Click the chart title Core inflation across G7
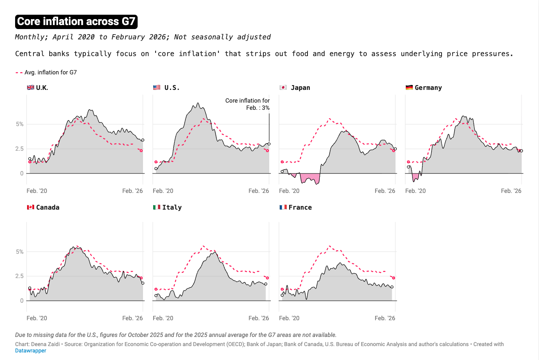tap(76, 21)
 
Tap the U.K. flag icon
tap(30, 88)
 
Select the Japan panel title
tap(300, 88)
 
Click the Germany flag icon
tap(409, 88)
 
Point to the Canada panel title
tap(47, 207)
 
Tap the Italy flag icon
tap(157, 207)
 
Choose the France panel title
tap(300, 207)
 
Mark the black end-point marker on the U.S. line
tap(269, 144)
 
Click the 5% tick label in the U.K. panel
tap(19, 124)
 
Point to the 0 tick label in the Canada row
tap(22, 301)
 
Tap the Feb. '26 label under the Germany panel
tap(511, 191)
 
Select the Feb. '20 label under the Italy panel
tap(163, 318)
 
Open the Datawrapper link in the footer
tap(31, 351)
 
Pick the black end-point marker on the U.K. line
tap(143, 140)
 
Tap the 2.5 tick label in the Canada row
tap(19, 276)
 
